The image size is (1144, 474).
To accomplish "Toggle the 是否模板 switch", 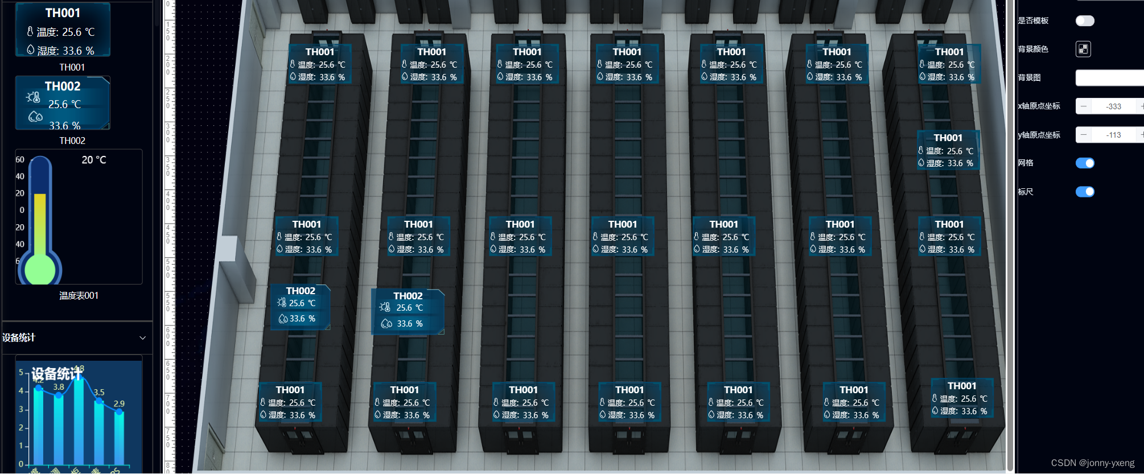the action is click(1085, 21).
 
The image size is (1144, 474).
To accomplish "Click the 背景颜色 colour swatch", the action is click(1083, 50).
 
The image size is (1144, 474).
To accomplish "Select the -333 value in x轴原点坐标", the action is click(1114, 106).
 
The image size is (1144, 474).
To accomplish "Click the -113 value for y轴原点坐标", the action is click(1114, 135).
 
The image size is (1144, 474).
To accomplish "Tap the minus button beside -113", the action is click(1084, 135).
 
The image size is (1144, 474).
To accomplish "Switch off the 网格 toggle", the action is click(1085, 163).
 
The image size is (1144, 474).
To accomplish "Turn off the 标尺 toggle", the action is click(1085, 192).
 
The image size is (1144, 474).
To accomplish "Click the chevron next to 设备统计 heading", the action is click(142, 338).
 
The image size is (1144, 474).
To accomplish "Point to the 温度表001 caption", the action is click(79, 296).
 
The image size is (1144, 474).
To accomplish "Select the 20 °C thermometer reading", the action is click(94, 160).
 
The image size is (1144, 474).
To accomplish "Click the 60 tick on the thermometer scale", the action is click(20, 160).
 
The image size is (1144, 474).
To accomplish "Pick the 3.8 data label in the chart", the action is click(59, 387).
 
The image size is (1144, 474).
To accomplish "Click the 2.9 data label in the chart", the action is click(119, 404).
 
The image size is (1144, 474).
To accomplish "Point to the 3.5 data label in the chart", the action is click(99, 392).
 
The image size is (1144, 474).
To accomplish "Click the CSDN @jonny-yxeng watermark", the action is click(1092, 463).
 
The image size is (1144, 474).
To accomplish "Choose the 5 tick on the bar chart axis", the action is click(21, 373).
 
